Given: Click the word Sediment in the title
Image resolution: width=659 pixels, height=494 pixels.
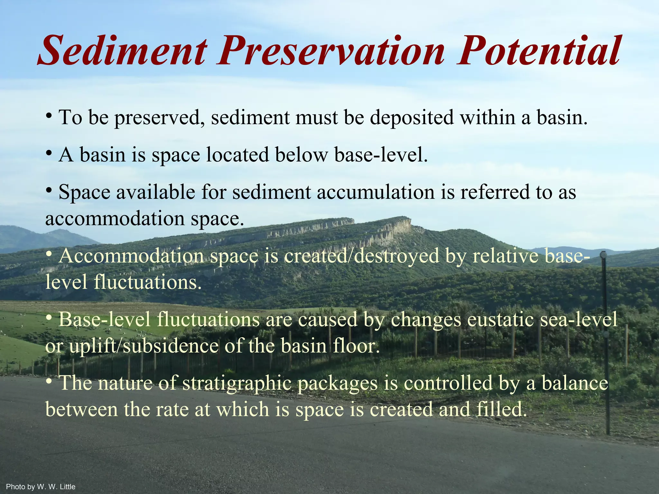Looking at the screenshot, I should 122,51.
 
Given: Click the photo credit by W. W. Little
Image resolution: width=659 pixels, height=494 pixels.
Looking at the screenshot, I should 41,487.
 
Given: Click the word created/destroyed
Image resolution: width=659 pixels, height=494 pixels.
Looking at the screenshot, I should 362,256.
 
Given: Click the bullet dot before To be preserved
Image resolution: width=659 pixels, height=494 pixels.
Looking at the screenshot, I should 49,115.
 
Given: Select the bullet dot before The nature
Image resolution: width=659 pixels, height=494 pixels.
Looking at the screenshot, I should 49,381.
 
